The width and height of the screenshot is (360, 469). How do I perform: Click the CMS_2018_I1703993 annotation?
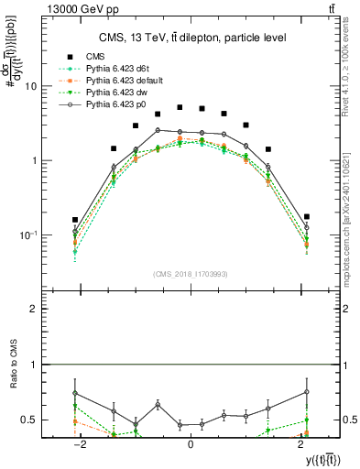coord(191,273)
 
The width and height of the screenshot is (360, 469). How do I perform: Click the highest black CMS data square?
coord(180,107)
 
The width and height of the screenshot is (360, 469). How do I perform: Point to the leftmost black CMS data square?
coord(75,220)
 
